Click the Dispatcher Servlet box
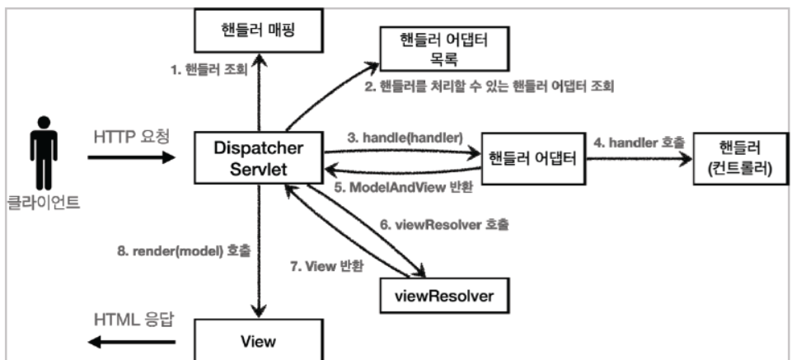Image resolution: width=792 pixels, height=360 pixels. [259, 157]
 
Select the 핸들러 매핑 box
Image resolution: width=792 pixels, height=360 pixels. [258, 30]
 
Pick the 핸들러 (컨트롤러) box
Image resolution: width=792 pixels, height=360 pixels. [740, 158]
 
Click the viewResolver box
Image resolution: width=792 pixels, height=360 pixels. [443, 296]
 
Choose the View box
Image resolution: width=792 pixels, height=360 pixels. [258, 340]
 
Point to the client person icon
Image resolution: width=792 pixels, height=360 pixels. [44, 153]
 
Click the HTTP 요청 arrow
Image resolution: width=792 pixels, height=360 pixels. [131, 157]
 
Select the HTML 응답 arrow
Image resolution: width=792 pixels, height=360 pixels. [131, 343]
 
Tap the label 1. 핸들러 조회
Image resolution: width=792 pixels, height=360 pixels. [209, 70]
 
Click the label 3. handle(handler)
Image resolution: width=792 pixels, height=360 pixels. [405, 138]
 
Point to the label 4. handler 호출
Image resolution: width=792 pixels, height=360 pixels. [639, 143]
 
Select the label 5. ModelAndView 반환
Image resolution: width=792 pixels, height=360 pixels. [404, 187]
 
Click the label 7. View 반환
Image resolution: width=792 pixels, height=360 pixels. [327, 267]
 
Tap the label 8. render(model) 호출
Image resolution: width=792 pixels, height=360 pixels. [184, 251]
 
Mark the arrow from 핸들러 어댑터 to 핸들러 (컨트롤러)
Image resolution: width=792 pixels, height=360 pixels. [640, 158]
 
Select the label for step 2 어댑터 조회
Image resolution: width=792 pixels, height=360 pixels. [490, 86]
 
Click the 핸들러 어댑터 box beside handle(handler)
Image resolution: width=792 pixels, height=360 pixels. [534, 158]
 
